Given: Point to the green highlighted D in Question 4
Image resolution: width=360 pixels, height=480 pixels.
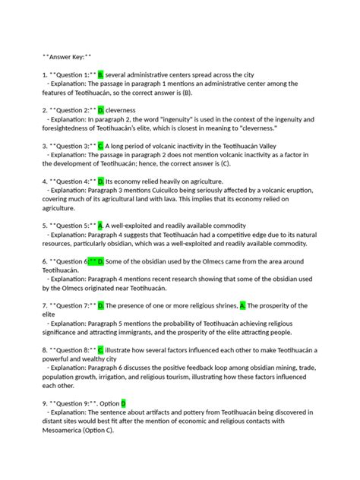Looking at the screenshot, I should point(100,182).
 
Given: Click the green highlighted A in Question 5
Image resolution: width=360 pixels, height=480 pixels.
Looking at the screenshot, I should point(100,226).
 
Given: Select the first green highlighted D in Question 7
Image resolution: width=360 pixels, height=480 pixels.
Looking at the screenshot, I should point(100,305).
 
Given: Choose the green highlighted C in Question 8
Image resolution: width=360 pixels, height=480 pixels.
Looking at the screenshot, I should point(100,350).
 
